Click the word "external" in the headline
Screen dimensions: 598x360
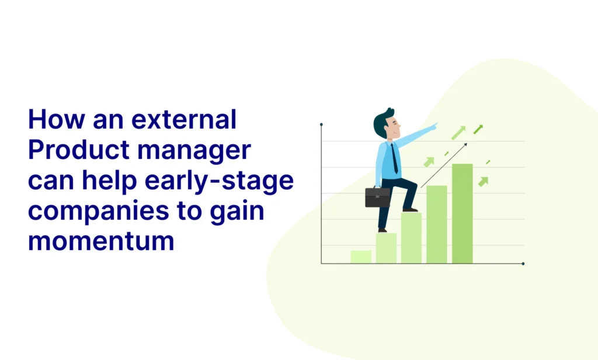[x=184, y=119]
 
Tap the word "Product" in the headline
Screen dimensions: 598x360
[x=79, y=150]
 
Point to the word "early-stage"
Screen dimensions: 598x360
[x=220, y=181]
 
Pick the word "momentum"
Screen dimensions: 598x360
[x=101, y=241]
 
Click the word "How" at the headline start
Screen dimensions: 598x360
[x=57, y=119]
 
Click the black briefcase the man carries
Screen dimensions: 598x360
[x=378, y=196]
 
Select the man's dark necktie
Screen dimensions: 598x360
[x=394, y=159]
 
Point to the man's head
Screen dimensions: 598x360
[x=387, y=123]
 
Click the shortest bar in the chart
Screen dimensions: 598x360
[x=361, y=257]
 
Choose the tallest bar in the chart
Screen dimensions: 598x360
[x=463, y=214]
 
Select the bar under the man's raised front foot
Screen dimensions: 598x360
[x=411, y=238]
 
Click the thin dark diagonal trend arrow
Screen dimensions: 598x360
[x=444, y=166]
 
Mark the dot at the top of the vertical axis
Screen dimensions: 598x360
[x=322, y=124]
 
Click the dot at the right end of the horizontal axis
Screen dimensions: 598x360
[x=523, y=264]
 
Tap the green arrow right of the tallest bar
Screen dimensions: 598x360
[x=483, y=182]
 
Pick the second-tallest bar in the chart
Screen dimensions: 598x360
[x=437, y=224]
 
